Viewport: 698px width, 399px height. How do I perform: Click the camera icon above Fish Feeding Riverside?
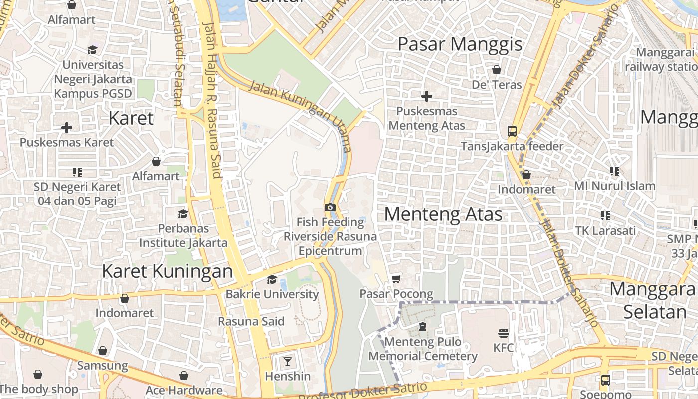tap(330, 207)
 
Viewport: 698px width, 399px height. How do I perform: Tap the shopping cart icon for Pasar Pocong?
tap(396, 279)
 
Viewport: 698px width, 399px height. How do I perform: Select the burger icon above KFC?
tap(503, 333)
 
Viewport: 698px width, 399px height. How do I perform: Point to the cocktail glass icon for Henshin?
tap(288, 361)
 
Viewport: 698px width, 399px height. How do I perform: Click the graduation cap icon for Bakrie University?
tap(272, 279)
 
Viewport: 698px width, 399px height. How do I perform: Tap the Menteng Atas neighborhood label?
tap(443, 214)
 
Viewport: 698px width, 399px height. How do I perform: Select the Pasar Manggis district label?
tap(460, 44)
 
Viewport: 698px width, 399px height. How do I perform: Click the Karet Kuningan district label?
tap(167, 271)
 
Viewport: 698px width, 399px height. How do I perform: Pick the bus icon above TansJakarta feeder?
tap(512, 131)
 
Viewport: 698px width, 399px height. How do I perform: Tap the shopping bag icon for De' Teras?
tap(497, 69)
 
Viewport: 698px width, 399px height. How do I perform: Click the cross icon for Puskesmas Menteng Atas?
tap(427, 96)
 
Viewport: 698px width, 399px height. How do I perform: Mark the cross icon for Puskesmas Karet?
tap(67, 128)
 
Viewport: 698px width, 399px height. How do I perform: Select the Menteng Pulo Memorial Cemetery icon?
tap(423, 327)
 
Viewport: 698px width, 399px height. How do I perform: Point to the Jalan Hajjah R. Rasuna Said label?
tap(211, 100)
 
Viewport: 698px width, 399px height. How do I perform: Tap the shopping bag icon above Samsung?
tap(103, 351)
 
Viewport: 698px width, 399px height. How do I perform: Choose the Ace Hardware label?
tap(184, 390)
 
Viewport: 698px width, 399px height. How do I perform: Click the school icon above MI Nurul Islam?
tap(615, 171)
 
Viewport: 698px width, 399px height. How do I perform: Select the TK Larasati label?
tap(605, 231)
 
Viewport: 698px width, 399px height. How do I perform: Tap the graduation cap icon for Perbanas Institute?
tap(183, 214)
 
